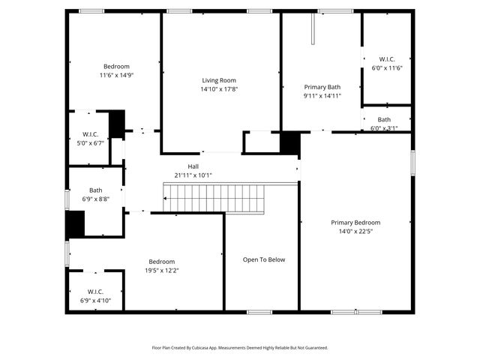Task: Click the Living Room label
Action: click(x=219, y=80)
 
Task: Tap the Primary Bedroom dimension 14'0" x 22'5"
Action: click(x=355, y=232)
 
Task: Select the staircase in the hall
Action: click(x=214, y=199)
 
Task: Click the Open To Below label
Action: click(x=263, y=260)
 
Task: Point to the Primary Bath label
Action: click(x=322, y=87)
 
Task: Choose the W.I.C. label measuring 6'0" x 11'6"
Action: click(x=386, y=59)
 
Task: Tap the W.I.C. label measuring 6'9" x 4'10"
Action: click(x=95, y=292)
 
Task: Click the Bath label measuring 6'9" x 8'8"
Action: click(x=95, y=190)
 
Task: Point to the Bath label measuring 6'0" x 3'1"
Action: click(x=384, y=119)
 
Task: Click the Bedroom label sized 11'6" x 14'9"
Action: click(x=116, y=66)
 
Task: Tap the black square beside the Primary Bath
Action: click(x=289, y=142)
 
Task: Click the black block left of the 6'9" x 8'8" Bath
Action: click(x=75, y=224)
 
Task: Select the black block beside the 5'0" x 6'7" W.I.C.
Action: click(x=117, y=124)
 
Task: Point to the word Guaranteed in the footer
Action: click(x=313, y=348)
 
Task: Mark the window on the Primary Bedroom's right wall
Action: click(x=412, y=163)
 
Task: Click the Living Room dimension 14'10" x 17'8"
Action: click(x=219, y=89)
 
